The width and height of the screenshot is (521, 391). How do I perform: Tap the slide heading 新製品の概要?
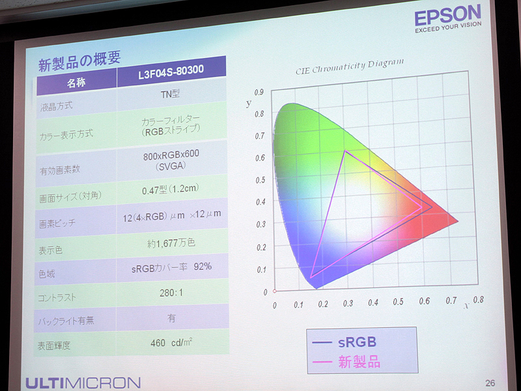pos(79,63)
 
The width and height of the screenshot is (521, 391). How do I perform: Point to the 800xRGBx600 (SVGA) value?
pos(170,162)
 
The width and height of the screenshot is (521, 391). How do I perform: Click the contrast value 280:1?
pos(171,293)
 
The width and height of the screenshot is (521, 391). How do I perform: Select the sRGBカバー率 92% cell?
pos(171,267)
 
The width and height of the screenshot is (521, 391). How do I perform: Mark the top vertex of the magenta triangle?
pos(345,151)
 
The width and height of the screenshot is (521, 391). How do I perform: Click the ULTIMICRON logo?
pos(83,382)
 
